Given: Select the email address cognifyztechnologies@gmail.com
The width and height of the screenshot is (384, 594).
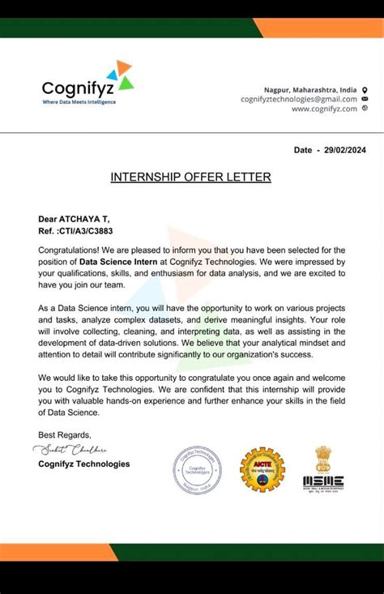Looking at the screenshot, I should [298, 99].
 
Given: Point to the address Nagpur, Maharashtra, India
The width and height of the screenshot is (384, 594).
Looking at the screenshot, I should [310, 89].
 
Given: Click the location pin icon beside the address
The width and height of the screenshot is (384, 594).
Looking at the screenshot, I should [365, 89].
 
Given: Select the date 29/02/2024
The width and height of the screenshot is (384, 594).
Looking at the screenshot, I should [347, 150].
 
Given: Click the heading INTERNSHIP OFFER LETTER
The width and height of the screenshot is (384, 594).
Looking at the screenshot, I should [191, 177].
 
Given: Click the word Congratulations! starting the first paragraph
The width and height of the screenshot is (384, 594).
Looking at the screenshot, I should [69, 250].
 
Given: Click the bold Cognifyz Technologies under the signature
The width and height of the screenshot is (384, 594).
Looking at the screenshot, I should [83, 464].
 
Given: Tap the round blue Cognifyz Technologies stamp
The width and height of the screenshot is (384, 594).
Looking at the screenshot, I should [195, 471].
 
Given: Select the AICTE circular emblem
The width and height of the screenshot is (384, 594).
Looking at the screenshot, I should [261, 469].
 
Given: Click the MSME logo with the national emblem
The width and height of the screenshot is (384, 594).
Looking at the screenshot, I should [323, 468].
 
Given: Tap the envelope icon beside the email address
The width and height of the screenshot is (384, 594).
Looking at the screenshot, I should [365, 99].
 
